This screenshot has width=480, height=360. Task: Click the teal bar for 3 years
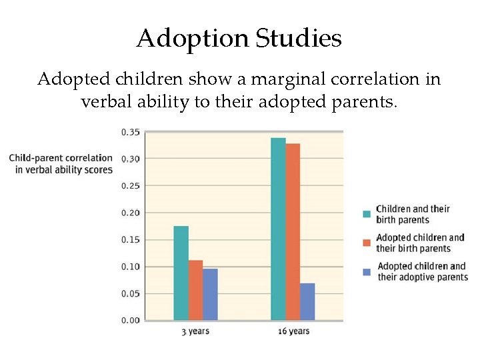[181, 273]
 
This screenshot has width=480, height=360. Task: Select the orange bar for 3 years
[195, 290]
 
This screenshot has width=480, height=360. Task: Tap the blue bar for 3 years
[210, 294]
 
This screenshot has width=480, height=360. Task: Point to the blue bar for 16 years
[307, 301]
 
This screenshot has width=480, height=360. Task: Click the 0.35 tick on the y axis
[130, 132]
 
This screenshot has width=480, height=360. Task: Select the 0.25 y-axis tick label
[130, 186]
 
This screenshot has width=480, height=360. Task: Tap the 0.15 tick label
[130, 240]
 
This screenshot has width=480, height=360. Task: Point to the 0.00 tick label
[130, 321]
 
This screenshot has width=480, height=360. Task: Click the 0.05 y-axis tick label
[130, 293]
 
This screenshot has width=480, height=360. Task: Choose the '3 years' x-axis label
[195, 331]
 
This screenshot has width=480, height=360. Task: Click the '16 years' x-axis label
[293, 331]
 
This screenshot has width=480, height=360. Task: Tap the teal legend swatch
[367, 214]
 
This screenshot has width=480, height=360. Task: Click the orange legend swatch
[367, 243]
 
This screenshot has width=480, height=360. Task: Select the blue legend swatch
[367, 271]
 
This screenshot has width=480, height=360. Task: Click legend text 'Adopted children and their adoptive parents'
[422, 272]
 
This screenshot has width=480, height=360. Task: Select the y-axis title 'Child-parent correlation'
[61, 158]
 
